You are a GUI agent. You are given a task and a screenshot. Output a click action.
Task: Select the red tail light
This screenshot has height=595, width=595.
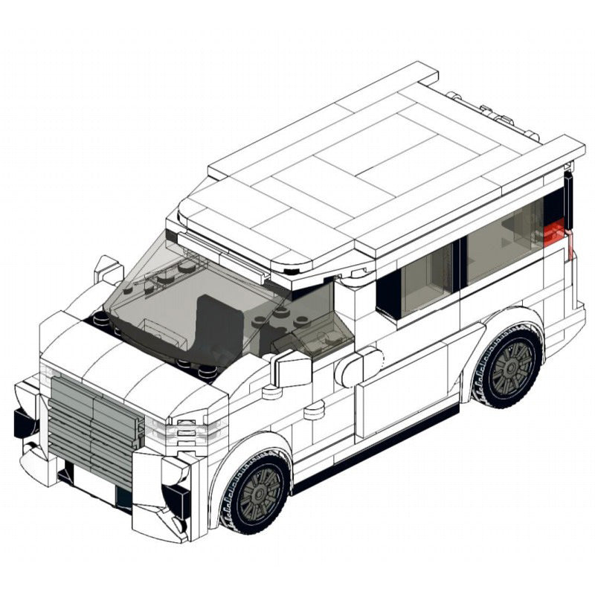pyautogui.click(x=556, y=233)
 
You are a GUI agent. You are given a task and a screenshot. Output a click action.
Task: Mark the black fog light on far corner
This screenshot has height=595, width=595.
pyautogui.click(x=25, y=422)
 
